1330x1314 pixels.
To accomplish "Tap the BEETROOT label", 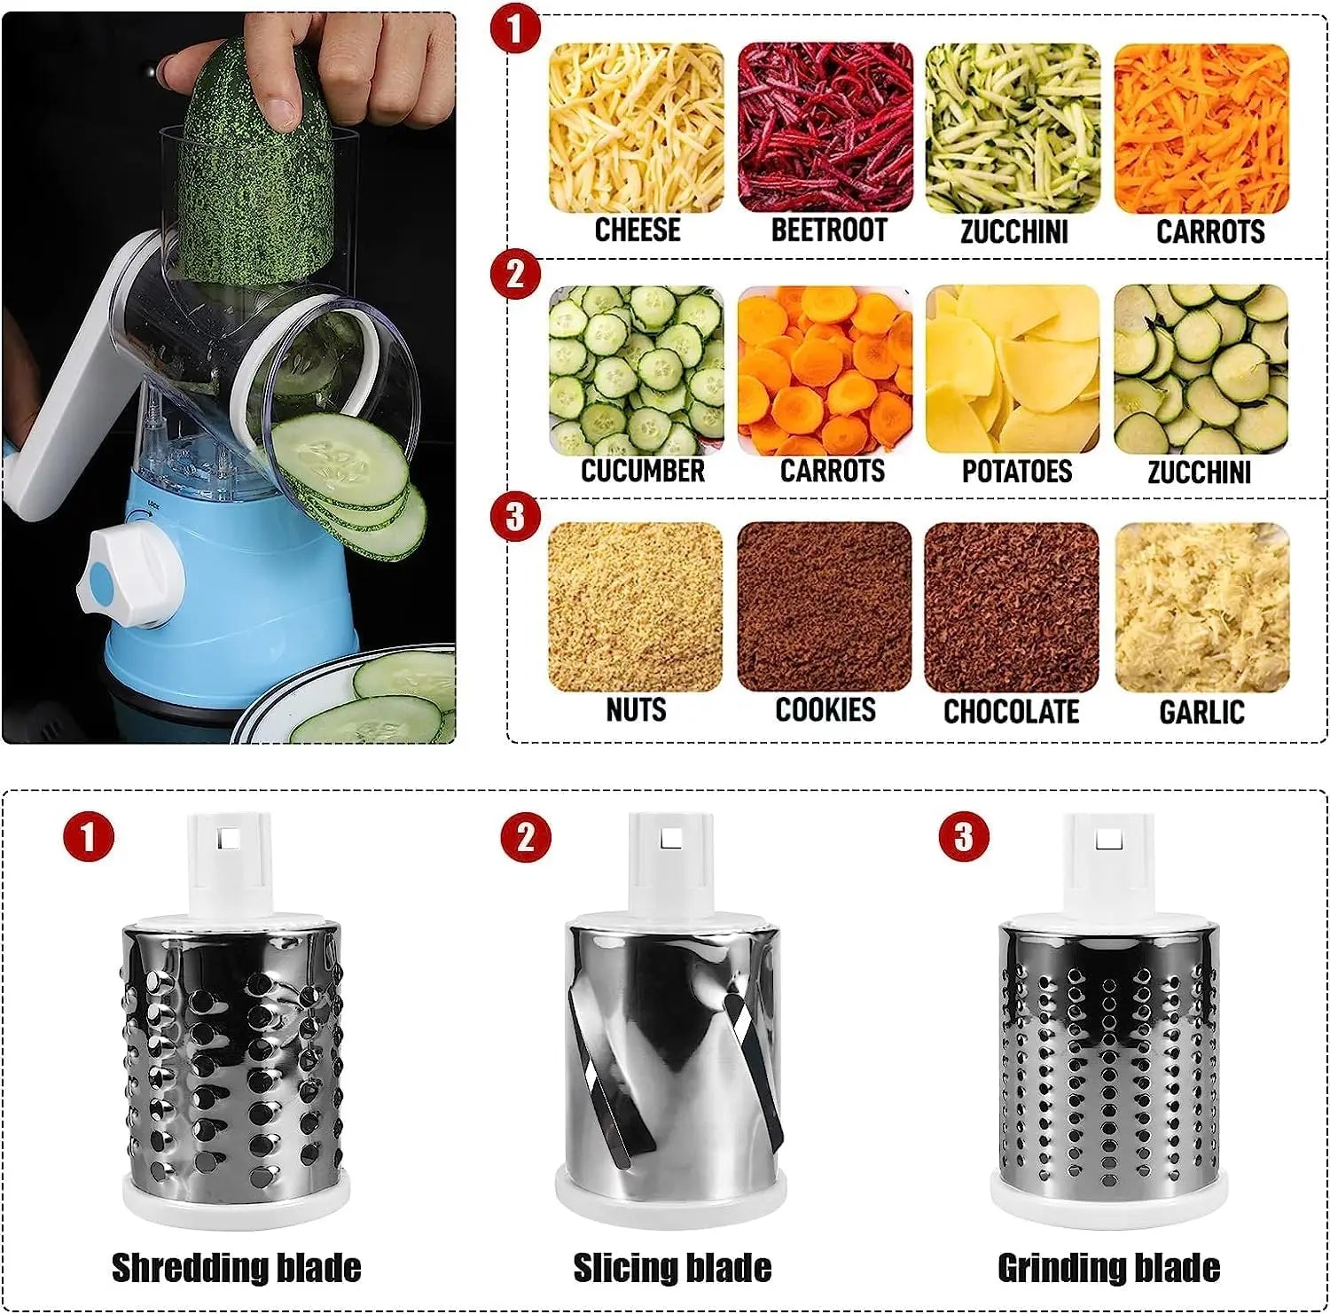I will coord(828,231).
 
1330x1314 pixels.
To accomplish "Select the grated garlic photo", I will coord(1201,607).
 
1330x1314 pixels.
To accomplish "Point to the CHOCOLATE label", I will coord(1011,712).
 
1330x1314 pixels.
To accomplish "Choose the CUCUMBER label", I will coord(642,471).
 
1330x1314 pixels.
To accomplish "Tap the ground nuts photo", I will coord(636,607).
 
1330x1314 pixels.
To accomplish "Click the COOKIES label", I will coord(825,710).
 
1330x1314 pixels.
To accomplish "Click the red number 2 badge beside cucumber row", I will coord(515,275).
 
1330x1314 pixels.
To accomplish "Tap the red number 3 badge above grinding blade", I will coord(964,837).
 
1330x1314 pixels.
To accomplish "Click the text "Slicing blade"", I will coord(672,1267).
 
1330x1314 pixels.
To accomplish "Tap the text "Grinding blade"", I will coord(1108,1267).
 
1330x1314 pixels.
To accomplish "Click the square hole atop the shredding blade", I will coord(231,836).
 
